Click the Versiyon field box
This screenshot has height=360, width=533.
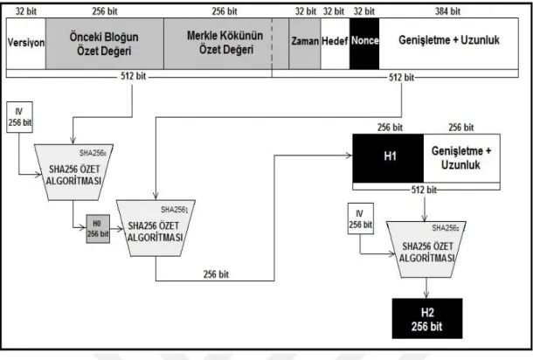26,44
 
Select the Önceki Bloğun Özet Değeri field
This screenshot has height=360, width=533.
105,44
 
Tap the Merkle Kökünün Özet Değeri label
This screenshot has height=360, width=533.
225,43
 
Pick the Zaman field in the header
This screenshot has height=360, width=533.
305,44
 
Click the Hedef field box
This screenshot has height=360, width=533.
335,44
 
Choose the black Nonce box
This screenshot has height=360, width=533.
364,44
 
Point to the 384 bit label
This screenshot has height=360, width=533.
447,11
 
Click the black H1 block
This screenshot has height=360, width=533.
388,158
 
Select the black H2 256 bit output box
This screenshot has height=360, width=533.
427,319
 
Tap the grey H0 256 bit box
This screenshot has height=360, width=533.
98,229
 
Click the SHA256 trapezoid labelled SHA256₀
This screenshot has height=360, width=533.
73,172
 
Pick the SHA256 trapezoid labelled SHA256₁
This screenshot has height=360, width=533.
156,228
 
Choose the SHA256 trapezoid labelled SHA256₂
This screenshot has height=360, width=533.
426,250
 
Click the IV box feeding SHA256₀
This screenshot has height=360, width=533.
20,117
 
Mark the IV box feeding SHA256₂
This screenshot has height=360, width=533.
361,218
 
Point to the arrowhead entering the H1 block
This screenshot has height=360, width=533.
350,156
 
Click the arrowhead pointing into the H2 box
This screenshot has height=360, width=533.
426,295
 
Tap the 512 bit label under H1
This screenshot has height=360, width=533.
424,190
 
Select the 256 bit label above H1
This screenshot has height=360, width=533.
390,128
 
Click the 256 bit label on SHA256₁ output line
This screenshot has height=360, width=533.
216,274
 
